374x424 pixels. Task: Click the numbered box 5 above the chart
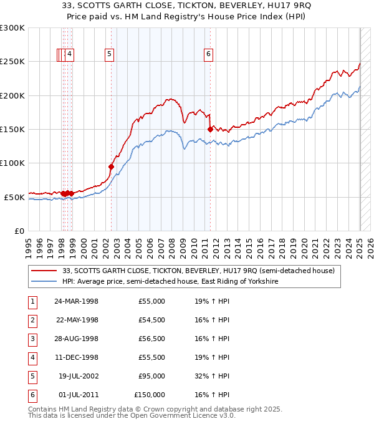[x=109, y=54]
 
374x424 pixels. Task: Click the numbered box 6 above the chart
[x=208, y=54]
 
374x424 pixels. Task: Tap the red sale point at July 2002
[x=111, y=166]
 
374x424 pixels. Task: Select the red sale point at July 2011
[x=210, y=129]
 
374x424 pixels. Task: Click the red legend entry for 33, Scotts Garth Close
[x=199, y=271]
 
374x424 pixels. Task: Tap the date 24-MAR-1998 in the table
[x=76, y=301]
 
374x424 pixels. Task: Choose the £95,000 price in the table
[x=151, y=376]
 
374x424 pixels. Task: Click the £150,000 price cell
[x=150, y=395]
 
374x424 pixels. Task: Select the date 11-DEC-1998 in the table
[x=76, y=357]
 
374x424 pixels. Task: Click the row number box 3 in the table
[x=32, y=339]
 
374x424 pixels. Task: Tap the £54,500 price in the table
[x=151, y=320]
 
